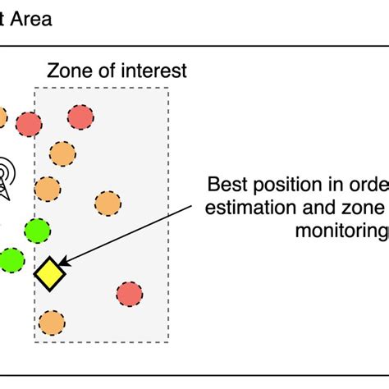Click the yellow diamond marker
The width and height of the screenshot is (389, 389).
50,274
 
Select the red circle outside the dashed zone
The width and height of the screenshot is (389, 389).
30,125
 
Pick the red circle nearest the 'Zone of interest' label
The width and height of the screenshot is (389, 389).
80,117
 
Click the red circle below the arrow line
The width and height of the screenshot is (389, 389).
129,294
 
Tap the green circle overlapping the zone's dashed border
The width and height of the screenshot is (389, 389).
37,232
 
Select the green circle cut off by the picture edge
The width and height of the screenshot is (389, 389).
10,261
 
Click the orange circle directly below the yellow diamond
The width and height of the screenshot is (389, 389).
51,323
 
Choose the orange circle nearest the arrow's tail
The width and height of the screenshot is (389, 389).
108,203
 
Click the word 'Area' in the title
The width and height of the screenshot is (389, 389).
32,18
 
